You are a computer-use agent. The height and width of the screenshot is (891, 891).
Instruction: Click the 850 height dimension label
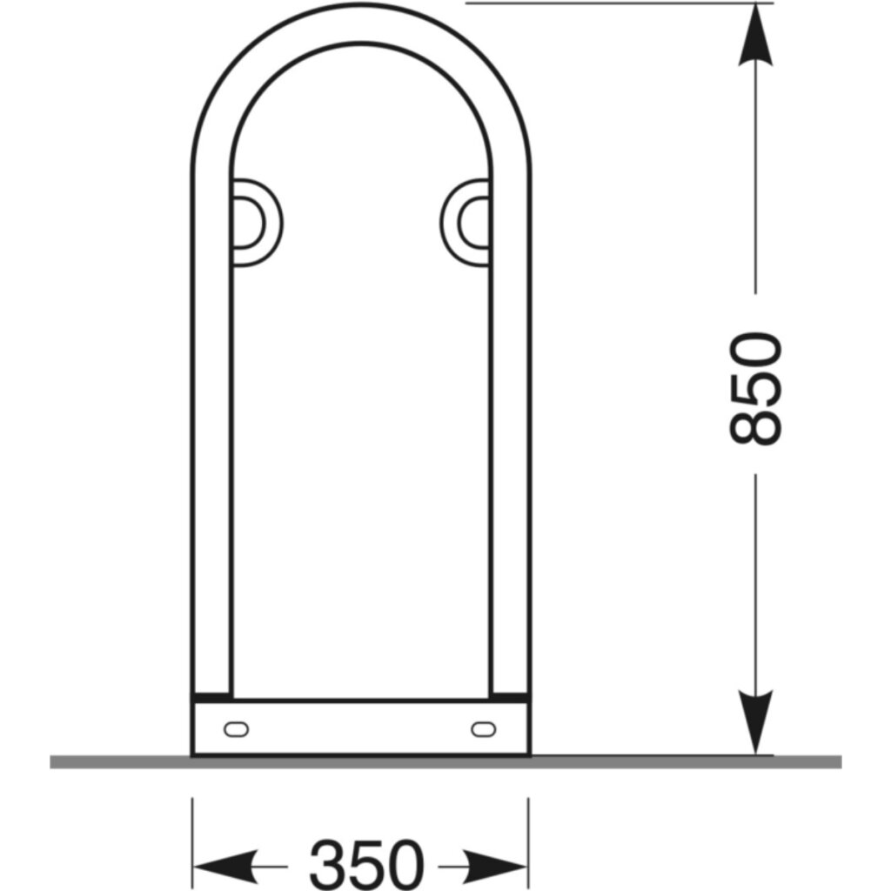point(756,388)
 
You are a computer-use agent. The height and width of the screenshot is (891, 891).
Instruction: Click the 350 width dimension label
point(366,864)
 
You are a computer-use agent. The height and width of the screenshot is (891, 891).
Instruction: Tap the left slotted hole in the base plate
point(236,729)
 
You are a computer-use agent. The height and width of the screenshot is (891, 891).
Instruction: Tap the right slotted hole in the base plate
point(484,729)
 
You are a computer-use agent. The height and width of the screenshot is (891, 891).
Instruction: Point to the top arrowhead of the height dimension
point(755,34)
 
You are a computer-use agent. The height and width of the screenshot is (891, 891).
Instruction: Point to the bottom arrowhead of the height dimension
point(755,723)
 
